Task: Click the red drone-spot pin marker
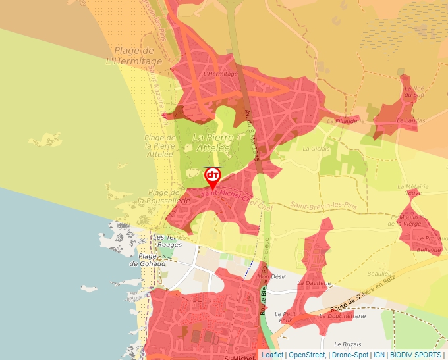point(212,176)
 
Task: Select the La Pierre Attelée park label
point(211,142)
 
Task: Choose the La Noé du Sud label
point(413,91)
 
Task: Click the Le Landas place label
point(410,120)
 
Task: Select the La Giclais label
point(316,149)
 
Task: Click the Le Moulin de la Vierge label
point(415,220)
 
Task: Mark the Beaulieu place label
point(379,273)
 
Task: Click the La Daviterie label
point(314,283)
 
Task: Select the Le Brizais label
point(348,344)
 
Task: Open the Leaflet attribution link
point(273,355)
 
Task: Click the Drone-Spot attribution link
point(350,355)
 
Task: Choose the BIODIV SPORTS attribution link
point(416,355)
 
